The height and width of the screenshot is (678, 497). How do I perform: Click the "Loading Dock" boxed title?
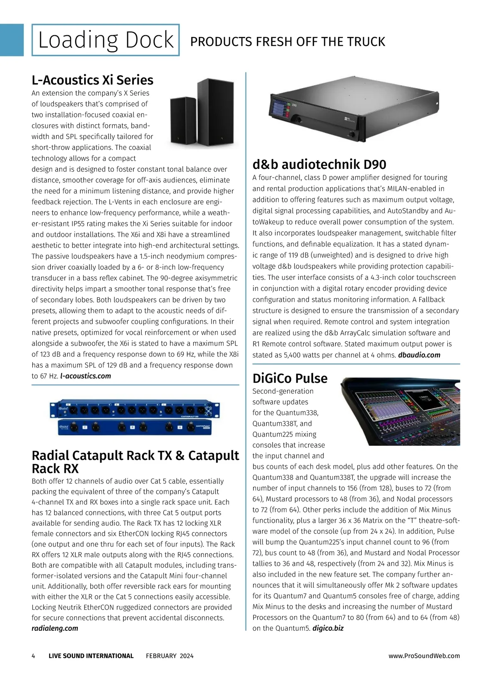coord(106,40)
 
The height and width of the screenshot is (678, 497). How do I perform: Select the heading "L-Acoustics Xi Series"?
coord(92,80)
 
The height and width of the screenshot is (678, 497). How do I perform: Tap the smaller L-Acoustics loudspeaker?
coord(183,120)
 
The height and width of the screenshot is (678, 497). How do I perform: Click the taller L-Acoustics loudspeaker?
coord(216,112)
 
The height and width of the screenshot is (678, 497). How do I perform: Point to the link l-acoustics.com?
coord(86,376)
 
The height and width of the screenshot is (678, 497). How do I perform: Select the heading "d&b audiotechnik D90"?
coord(319,164)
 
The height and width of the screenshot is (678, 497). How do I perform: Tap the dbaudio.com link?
coord(419,355)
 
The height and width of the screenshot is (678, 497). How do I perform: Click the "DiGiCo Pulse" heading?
coord(290,378)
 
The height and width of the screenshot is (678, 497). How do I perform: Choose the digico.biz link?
coord(328,628)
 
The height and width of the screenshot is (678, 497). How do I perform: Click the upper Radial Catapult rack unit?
coord(135,410)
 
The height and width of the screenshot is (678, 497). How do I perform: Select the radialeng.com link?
coord(55,628)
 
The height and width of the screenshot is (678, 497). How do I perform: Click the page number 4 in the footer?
coord(34,656)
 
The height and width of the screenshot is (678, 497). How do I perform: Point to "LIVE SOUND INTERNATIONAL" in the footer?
coord(91,656)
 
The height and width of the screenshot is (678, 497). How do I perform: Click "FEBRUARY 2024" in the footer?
coord(169,656)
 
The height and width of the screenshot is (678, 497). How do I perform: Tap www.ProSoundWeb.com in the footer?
coord(424,656)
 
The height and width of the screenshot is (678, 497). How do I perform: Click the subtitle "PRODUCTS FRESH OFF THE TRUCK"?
coord(287,41)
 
